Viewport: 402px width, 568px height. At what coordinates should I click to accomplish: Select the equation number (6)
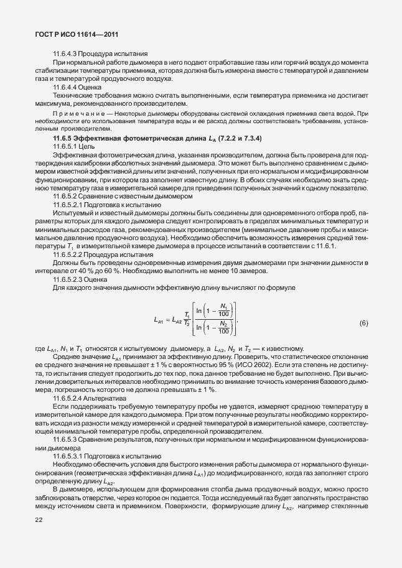364,324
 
